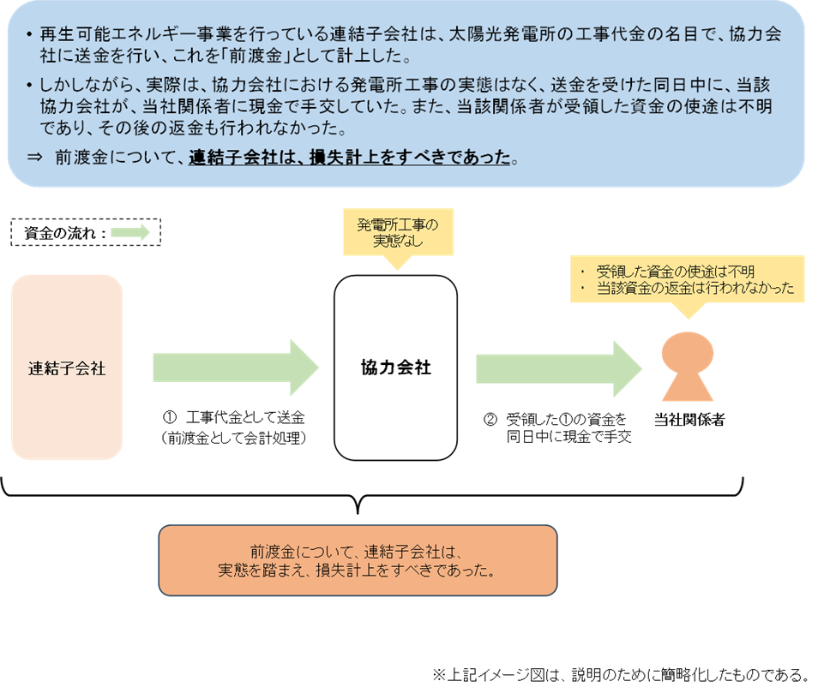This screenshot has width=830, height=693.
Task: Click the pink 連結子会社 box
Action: click(67, 367)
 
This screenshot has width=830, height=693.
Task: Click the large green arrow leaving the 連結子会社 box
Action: click(235, 367)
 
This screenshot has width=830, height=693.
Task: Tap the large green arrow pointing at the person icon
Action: click(558, 367)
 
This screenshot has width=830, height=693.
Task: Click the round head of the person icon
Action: click(688, 353)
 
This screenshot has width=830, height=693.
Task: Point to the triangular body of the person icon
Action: click(688, 387)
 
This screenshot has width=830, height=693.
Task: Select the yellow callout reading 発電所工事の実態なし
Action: click(398, 233)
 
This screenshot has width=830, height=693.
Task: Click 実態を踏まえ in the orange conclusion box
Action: click(256, 571)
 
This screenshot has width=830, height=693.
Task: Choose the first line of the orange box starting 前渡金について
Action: click(358, 551)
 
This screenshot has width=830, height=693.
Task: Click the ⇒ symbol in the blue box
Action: click(35, 158)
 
